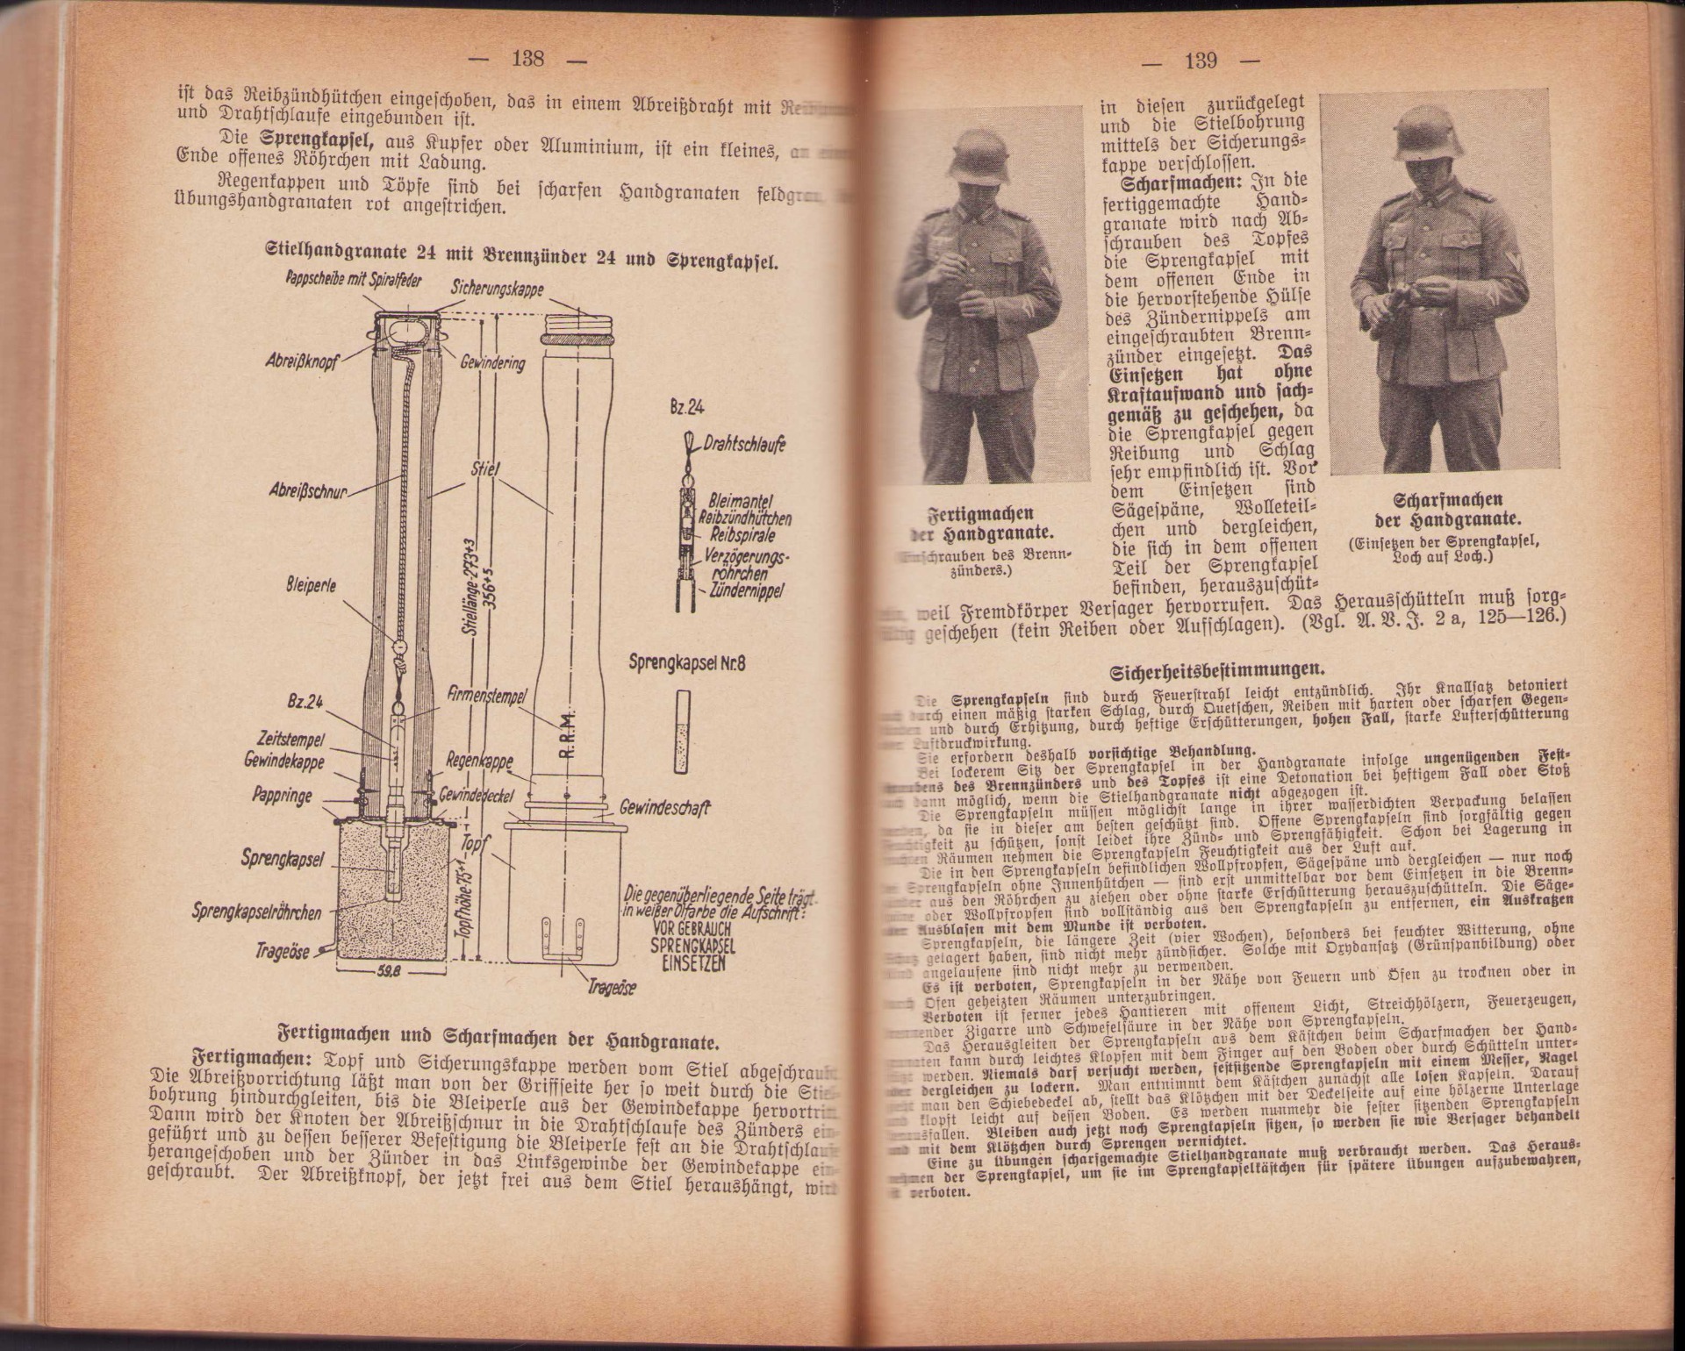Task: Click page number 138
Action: (527, 59)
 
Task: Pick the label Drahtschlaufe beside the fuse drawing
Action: (744, 446)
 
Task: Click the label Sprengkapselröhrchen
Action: (256, 913)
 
